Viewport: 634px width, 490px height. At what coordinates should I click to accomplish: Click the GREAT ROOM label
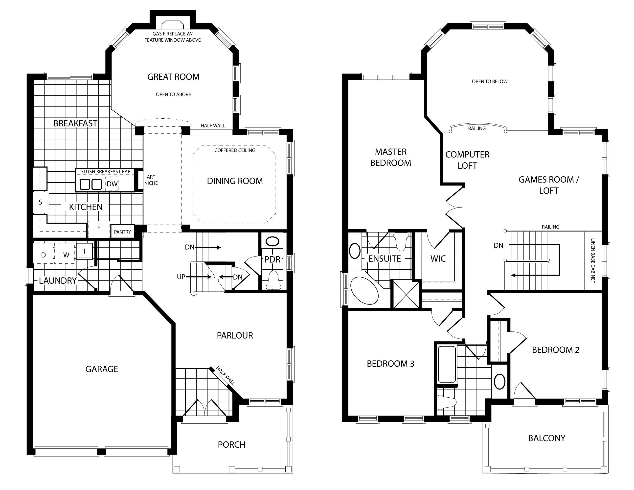point(173,77)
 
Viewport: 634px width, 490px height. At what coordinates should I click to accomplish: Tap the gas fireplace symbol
point(172,24)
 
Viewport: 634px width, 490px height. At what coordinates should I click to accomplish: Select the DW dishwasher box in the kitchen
point(112,184)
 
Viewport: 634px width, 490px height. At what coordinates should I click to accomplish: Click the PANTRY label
point(122,232)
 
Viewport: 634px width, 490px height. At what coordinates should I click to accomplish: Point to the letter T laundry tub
point(85,251)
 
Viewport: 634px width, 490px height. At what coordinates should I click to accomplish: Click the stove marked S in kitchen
point(41,202)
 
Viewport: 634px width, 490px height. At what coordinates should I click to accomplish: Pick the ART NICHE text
point(151,180)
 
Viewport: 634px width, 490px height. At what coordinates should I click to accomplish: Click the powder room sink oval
point(272,241)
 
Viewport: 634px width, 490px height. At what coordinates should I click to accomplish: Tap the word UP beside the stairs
point(181,277)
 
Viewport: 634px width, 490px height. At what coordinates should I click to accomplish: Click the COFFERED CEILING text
point(235,150)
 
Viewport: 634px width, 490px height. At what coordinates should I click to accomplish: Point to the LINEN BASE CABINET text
point(593,261)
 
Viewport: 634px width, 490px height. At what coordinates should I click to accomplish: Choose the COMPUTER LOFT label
point(467,160)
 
